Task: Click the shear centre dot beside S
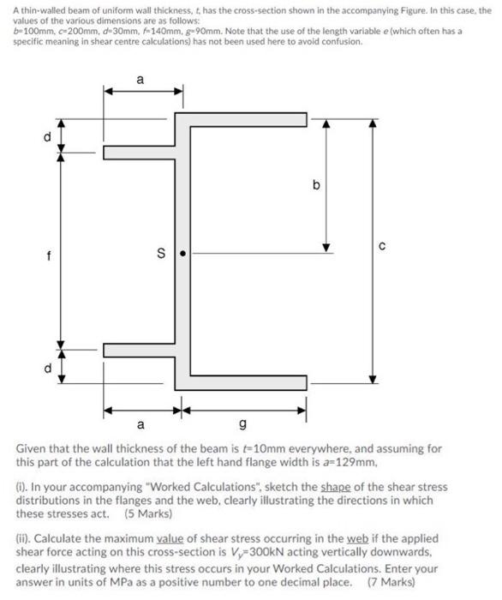point(194,253)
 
